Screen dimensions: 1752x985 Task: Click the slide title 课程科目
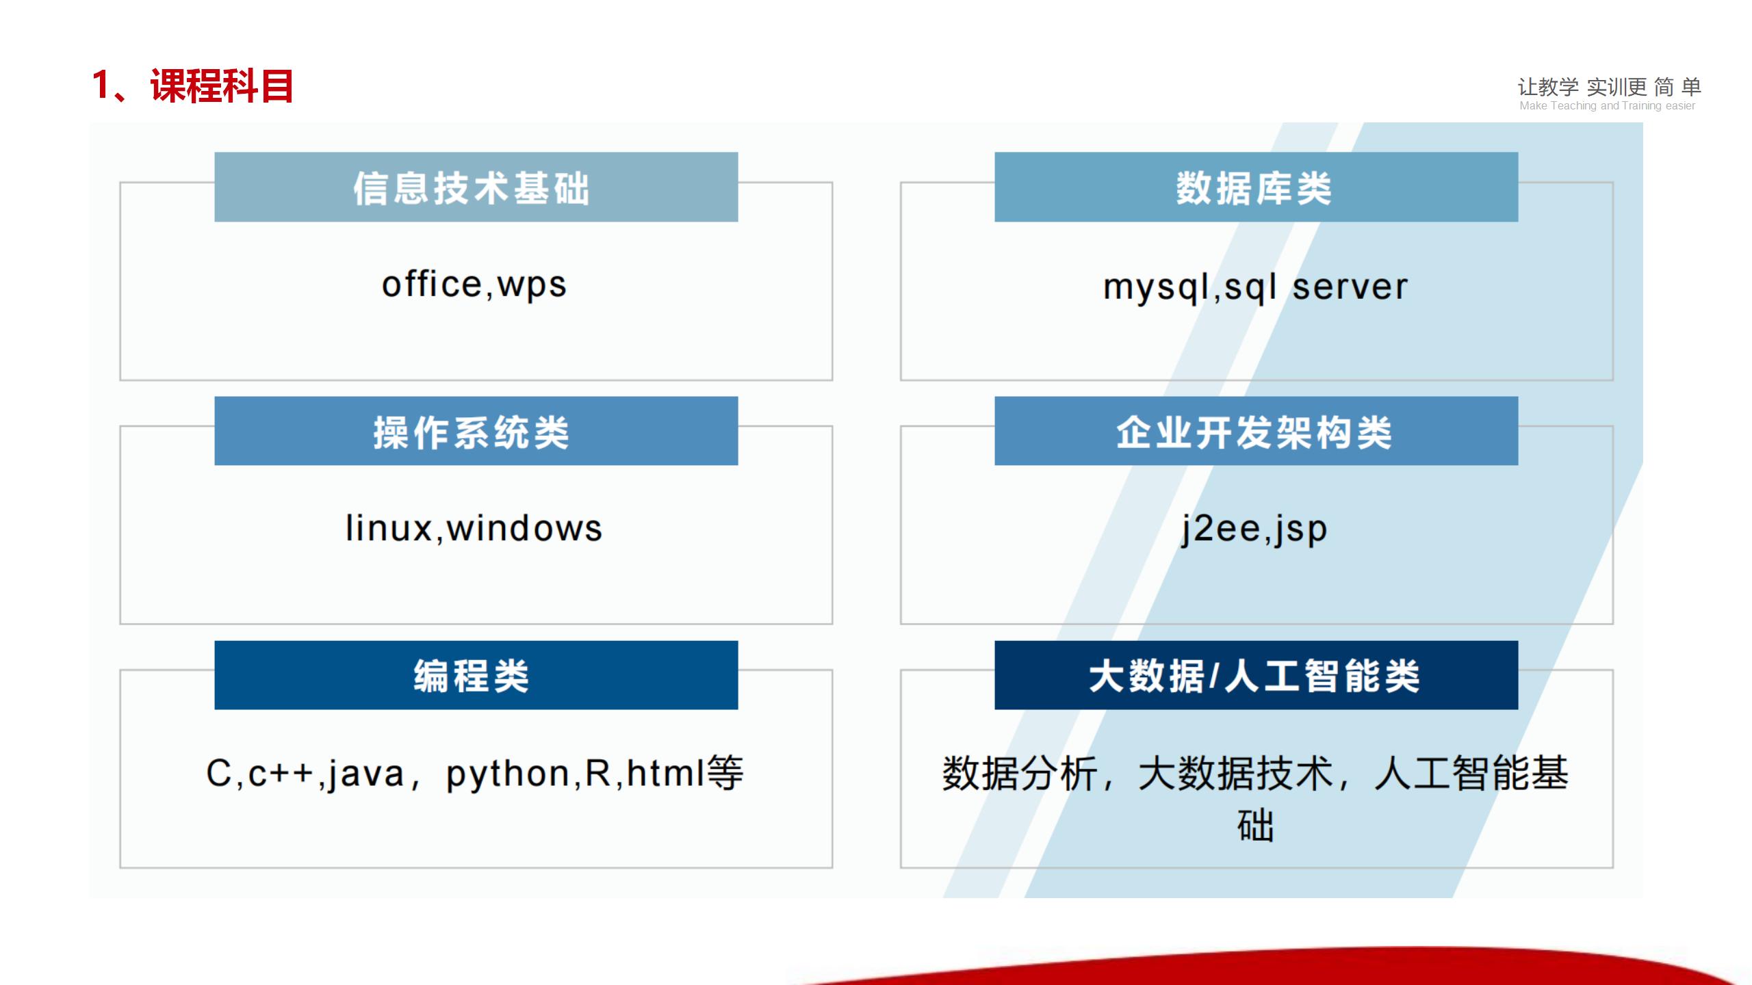point(222,86)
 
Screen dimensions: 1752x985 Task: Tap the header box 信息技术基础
point(476,187)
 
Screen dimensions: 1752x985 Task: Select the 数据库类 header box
point(1256,187)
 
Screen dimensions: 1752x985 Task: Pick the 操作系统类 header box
point(476,431)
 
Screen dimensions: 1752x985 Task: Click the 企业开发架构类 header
point(1256,431)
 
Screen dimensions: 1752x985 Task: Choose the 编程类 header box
point(476,675)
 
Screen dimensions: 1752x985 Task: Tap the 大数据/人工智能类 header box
point(1256,675)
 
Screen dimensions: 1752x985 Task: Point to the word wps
point(532,287)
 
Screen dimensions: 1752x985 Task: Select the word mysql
point(1157,289)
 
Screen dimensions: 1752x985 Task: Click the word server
point(1350,287)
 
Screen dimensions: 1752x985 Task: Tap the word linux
point(388,528)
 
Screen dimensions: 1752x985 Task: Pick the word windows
point(524,528)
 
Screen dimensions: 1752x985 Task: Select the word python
point(508,775)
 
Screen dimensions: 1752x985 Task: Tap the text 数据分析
point(1020,774)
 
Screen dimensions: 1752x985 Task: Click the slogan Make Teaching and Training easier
point(1607,106)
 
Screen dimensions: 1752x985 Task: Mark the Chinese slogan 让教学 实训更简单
point(1609,87)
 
